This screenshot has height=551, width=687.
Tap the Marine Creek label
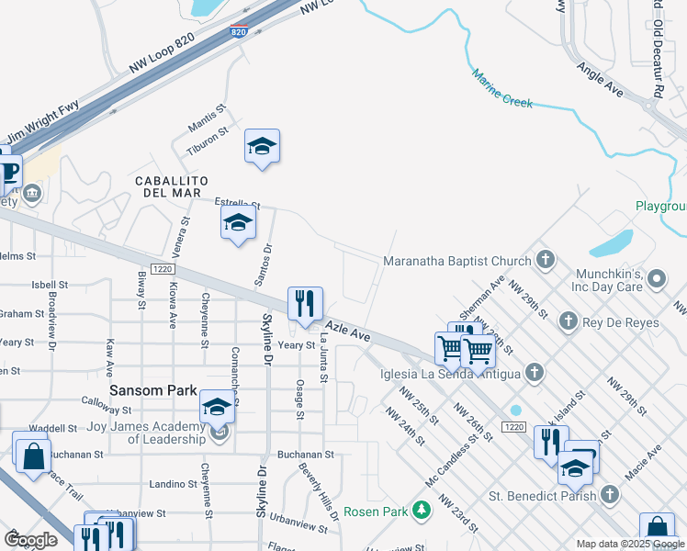502,89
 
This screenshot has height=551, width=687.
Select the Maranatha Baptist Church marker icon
546,260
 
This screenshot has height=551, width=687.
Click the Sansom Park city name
148,389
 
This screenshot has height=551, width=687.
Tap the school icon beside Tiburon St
262,146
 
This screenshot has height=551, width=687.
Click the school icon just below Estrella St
238,223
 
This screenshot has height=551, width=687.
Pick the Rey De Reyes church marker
569,320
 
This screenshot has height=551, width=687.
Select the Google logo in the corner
30,539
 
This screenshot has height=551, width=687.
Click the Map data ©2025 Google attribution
629,544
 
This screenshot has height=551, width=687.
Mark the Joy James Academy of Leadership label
146,432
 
